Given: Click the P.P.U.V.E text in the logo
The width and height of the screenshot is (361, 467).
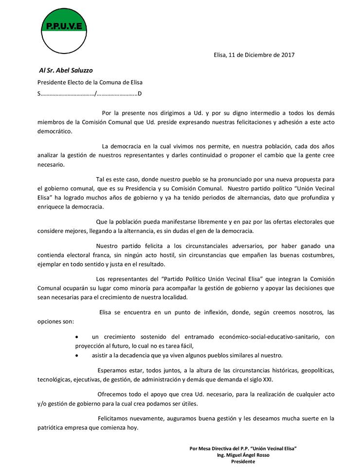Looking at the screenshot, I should (x=63, y=26).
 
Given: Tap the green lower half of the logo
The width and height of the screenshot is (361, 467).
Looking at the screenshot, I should (x=63, y=41).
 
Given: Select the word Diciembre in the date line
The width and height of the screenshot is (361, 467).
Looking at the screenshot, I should (x=257, y=55).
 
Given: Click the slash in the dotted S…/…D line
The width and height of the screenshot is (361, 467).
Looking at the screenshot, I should (x=96, y=94).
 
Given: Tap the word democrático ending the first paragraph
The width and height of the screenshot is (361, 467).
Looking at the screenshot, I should (x=54, y=131).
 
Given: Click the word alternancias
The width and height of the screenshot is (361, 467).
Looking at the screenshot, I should (x=227, y=198).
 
